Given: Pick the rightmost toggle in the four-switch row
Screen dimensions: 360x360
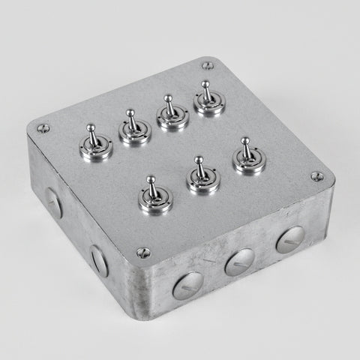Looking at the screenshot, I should (x=208, y=100).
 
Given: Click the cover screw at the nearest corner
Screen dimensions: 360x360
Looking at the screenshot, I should (x=144, y=253).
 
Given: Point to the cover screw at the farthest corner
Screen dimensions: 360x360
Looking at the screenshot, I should (x=208, y=65).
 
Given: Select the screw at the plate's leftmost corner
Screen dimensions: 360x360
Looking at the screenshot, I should (x=43, y=128).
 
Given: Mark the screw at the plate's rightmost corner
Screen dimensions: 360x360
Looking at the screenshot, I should (x=317, y=177).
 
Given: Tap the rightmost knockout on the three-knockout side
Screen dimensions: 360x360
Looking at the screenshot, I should (x=290, y=239).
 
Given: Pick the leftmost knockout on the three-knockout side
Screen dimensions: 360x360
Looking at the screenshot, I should (x=187, y=286).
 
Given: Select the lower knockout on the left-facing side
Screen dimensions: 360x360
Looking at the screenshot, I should (x=99, y=259).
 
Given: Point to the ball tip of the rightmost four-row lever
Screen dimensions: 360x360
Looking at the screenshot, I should (x=205, y=85).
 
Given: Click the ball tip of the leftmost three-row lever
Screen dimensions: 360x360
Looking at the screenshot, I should (x=151, y=180).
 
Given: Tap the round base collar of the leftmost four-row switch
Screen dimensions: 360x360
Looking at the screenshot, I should (x=96, y=150).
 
